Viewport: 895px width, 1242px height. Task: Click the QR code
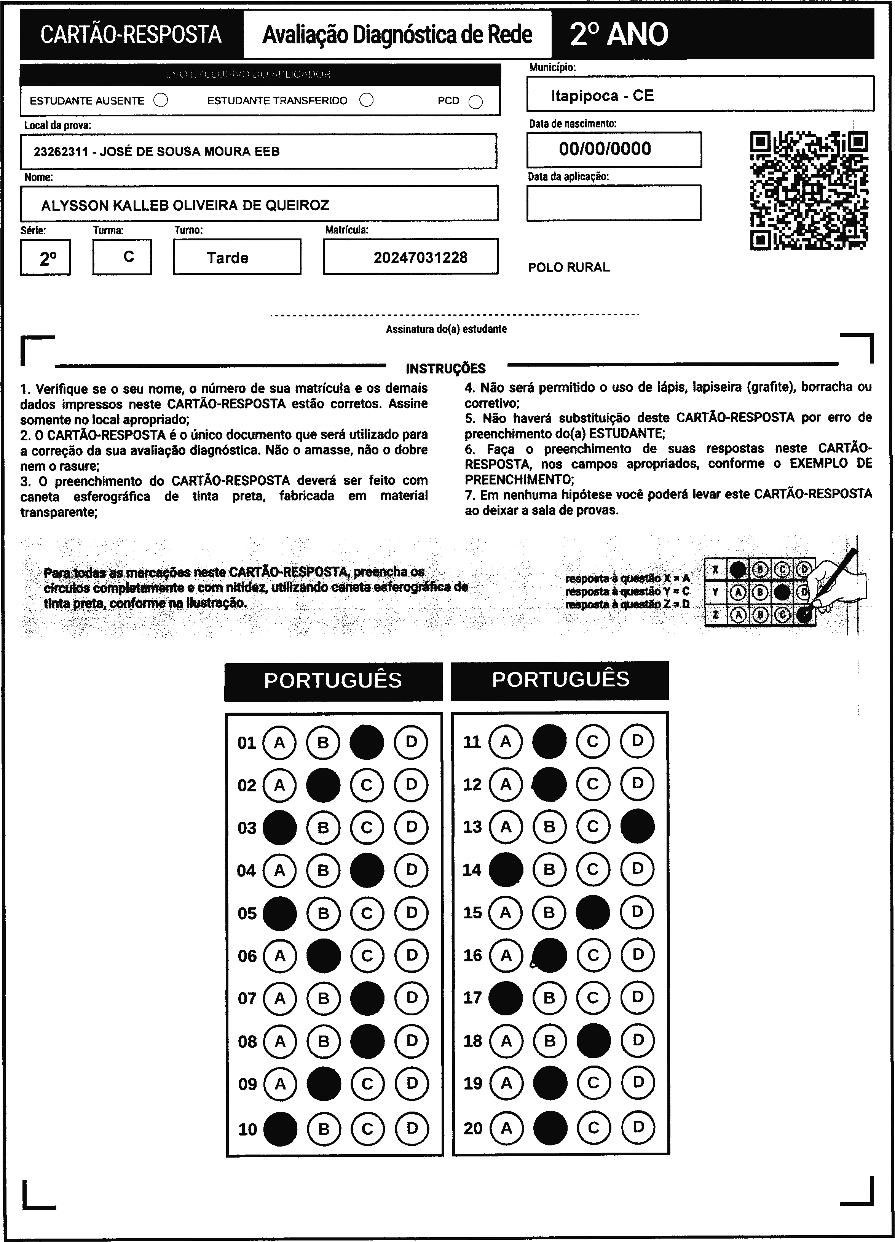809,191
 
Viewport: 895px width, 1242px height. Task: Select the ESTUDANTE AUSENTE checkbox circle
161,100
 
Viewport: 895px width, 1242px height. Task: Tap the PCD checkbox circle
476,102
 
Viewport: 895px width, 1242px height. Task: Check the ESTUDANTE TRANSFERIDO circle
367,100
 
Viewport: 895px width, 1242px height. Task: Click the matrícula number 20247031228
420,257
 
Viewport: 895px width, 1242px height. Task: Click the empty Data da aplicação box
613,203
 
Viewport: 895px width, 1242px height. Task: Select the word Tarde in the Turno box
227,258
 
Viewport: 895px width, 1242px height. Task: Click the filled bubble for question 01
367,742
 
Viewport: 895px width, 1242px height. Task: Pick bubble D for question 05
412,913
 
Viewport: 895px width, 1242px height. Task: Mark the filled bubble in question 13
637,826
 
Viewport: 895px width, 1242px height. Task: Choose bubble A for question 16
506,956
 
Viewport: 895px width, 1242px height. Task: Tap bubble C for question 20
593,1128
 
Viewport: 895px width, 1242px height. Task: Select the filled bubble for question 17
505,998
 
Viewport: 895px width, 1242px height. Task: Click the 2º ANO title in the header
619,35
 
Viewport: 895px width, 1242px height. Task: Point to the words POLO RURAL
568,267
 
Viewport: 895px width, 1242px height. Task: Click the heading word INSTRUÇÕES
445,368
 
